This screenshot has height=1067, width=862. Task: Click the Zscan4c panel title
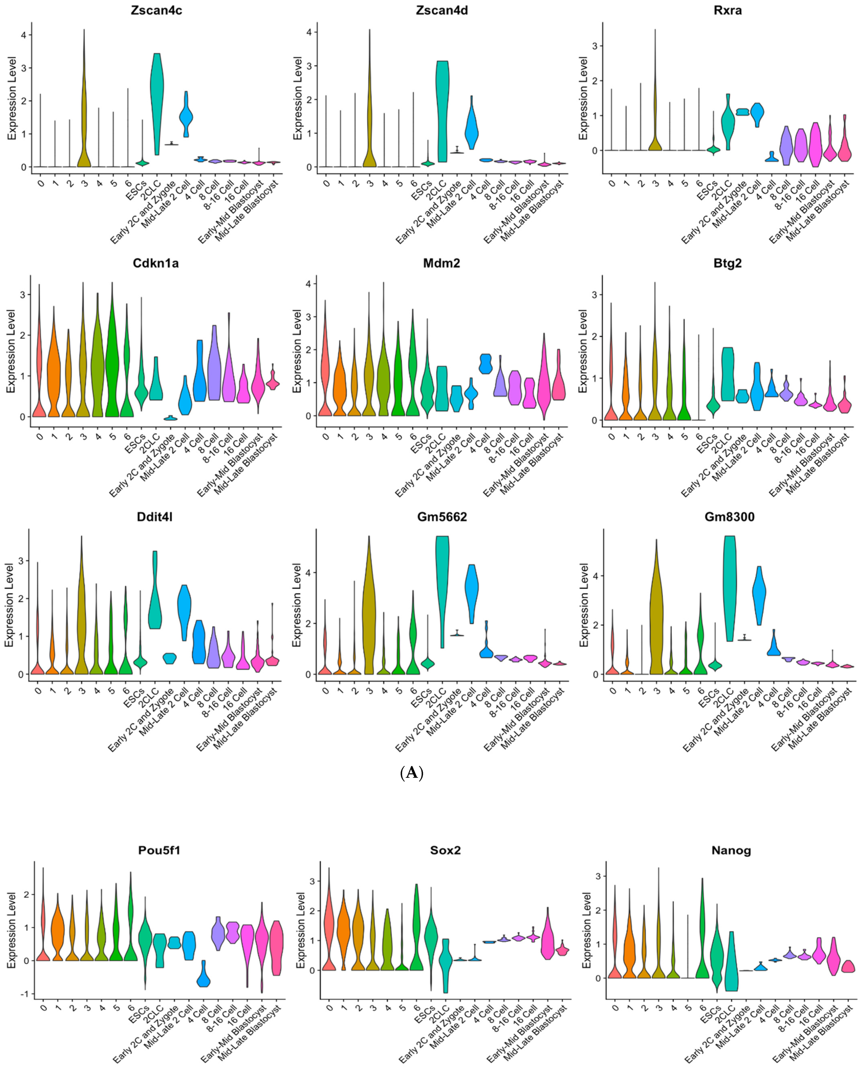156,10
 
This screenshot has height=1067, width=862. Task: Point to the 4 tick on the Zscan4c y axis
24,35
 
